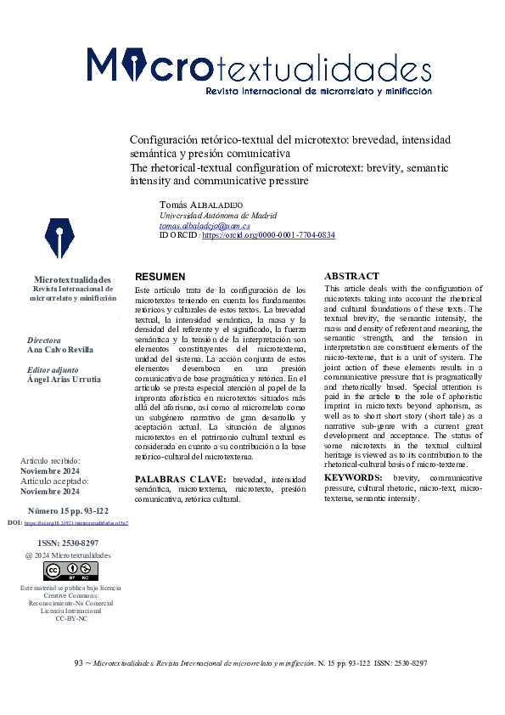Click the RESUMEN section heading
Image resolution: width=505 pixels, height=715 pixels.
tap(160, 277)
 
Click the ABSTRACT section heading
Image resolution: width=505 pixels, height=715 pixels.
tap(351, 276)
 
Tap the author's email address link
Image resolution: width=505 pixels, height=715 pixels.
tap(205, 226)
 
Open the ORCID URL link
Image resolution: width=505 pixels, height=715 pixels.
tap(268, 235)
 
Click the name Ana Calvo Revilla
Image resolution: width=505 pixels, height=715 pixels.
tap(60, 349)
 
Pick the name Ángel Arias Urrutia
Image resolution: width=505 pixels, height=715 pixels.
tap(64, 380)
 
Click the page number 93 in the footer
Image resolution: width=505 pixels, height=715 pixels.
tap(79, 662)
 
